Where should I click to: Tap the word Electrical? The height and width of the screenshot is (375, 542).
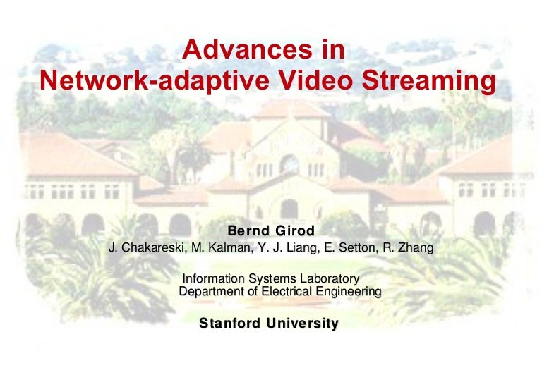(280, 291)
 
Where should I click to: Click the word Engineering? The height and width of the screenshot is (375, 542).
(345, 291)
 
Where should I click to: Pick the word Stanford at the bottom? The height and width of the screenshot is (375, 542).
(231, 324)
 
